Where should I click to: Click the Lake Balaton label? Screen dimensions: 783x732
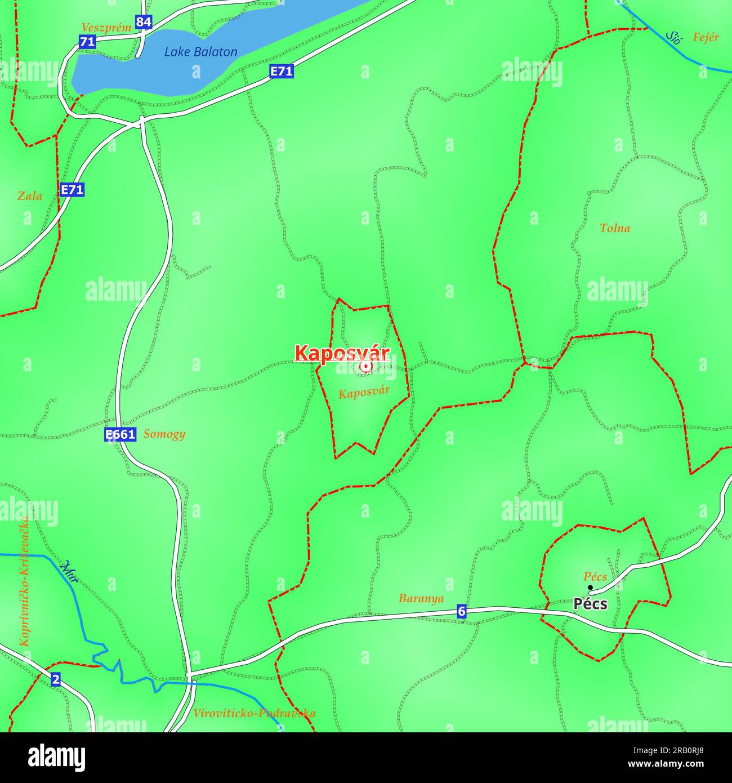(x=200, y=52)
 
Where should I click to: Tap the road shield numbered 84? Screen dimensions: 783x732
(x=144, y=23)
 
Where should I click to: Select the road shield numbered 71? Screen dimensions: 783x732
(x=87, y=41)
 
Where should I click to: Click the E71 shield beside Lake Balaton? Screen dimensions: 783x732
(x=282, y=71)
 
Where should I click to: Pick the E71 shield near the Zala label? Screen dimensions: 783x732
(x=72, y=190)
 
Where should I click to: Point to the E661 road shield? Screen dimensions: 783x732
(x=120, y=434)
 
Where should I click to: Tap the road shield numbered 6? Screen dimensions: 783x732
(x=462, y=611)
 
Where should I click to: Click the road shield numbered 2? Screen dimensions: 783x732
(x=55, y=679)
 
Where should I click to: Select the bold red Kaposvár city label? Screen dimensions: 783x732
(x=342, y=354)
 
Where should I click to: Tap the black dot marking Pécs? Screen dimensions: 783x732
(x=590, y=588)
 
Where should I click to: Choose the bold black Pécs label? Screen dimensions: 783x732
(x=590, y=604)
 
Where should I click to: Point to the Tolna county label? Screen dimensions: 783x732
(x=614, y=228)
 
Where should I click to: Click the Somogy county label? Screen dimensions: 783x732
(x=164, y=434)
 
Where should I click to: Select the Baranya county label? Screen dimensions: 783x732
(x=421, y=598)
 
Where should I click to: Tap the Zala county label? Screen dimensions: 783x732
(x=30, y=196)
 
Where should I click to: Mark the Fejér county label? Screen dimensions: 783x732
(x=706, y=38)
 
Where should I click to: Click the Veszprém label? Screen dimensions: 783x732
(x=106, y=27)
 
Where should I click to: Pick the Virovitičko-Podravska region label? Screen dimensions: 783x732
(x=254, y=713)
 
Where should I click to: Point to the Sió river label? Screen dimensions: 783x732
(x=673, y=37)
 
